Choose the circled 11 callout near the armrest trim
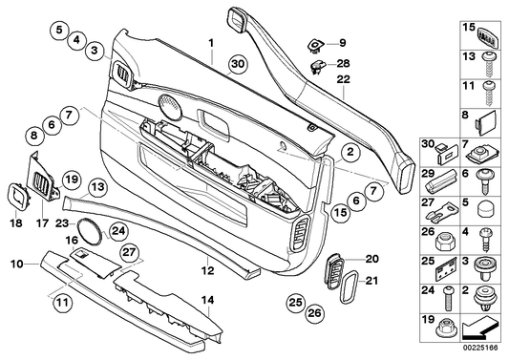(x=62, y=305)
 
